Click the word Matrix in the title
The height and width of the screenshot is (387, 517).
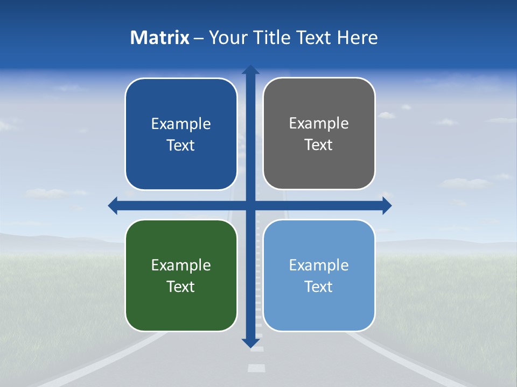pos(159,38)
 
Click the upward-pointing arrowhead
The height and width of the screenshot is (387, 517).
pos(250,70)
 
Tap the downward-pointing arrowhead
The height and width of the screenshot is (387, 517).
pos(250,342)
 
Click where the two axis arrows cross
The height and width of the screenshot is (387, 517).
pos(250,205)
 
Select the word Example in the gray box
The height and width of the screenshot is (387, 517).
pos(319,123)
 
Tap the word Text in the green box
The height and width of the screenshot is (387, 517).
pos(181,286)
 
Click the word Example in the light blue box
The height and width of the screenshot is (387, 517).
pos(319,265)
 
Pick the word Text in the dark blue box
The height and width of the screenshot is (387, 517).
pos(181,145)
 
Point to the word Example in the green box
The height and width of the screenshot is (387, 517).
pos(181,265)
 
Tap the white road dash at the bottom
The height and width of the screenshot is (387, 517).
pos(257,368)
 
